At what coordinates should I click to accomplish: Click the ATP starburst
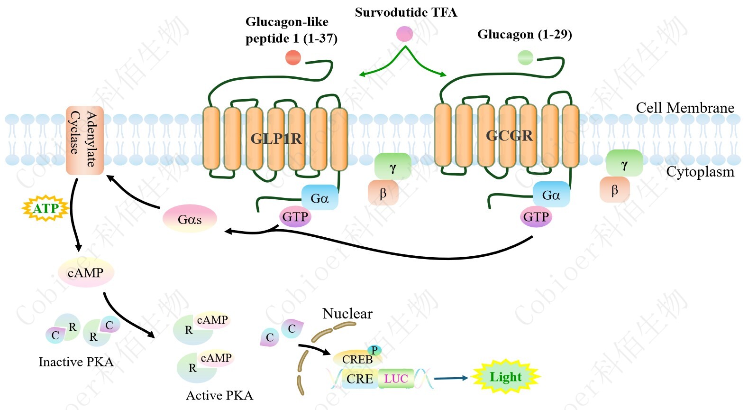pyautogui.click(x=46, y=208)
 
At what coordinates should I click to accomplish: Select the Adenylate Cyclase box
pyautogui.click(x=84, y=140)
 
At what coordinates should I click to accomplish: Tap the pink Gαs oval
pyautogui.click(x=190, y=219)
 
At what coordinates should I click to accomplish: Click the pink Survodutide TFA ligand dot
pyautogui.click(x=404, y=34)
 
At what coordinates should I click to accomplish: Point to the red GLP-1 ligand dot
pyautogui.click(x=293, y=57)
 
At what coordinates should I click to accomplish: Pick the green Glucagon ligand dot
pyautogui.click(x=525, y=58)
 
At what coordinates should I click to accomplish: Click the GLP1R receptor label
pyautogui.click(x=276, y=139)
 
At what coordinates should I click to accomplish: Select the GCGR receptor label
pyautogui.click(x=509, y=136)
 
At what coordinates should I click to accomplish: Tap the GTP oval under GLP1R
pyautogui.click(x=295, y=217)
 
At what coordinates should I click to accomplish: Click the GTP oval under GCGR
pyautogui.click(x=536, y=217)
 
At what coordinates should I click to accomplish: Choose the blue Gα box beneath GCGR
pyautogui.click(x=551, y=195)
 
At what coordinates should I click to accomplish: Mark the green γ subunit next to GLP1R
pyautogui.click(x=392, y=166)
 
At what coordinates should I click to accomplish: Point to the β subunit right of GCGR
pyautogui.click(x=614, y=190)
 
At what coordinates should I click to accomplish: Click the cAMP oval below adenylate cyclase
pyautogui.click(x=86, y=273)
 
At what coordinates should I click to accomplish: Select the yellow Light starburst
pyautogui.click(x=506, y=377)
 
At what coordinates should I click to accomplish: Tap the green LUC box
pyautogui.click(x=396, y=379)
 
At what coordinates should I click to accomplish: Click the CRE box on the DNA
pyautogui.click(x=359, y=379)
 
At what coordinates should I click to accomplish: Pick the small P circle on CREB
pyautogui.click(x=374, y=351)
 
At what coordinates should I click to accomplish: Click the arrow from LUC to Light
pyautogui.click(x=451, y=378)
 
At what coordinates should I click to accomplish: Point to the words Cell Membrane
pyautogui.click(x=685, y=108)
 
